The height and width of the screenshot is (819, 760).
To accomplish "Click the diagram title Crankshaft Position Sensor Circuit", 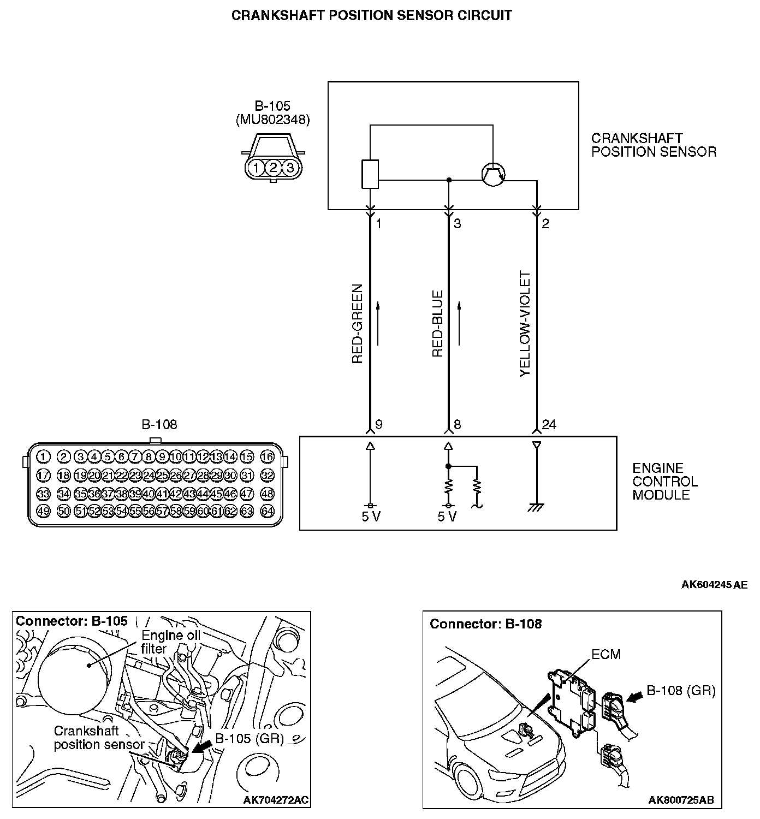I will (372, 15).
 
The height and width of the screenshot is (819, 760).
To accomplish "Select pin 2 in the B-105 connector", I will (273, 168).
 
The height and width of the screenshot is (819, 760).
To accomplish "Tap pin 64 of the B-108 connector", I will (267, 512).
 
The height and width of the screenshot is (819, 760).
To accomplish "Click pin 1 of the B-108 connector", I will (44, 456).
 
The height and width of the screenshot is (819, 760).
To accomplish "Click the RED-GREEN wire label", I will (358, 324).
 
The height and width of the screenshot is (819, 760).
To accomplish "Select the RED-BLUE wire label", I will (437, 324).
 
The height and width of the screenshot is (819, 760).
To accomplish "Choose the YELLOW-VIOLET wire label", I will (525, 324).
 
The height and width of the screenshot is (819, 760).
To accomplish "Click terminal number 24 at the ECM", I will (549, 425).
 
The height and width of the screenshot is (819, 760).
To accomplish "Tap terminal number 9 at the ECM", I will (379, 425).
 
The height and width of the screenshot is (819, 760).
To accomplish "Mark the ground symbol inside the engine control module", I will (536, 508).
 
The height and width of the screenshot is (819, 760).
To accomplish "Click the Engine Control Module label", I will (665, 482).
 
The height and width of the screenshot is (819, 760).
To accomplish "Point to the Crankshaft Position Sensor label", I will (654, 145).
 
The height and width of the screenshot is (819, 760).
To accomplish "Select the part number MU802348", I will (272, 120).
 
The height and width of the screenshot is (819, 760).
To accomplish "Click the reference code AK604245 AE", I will (714, 585).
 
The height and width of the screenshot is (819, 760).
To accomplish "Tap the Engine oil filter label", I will (170, 642).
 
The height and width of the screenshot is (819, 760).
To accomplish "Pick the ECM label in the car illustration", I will (606, 654).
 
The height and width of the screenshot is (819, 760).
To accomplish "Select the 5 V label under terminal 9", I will (371, 517).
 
